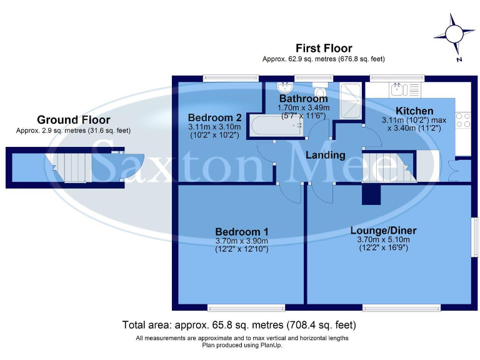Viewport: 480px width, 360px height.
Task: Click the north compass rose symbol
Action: click(x=456, y=35)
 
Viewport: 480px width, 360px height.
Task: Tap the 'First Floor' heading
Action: click(x=323, y=48)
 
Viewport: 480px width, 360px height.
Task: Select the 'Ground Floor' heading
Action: click(x=73, y=119)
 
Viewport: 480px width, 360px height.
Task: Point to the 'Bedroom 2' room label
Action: click(x=214, y=117)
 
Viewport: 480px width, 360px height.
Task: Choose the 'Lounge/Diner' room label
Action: click(x=383, y=230)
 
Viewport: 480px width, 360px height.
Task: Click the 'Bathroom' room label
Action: click(x=303, y=99)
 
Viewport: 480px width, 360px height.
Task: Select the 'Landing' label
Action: click(x=325, y=155)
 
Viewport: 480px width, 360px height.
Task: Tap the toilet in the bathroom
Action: click(x=321, y=87)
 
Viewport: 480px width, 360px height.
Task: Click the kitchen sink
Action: click(x=400, y=89)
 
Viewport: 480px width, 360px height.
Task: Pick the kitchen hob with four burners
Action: click(x=463, y=119)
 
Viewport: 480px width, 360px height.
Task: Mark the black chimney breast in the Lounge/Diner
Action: click(x=371, y=195)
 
